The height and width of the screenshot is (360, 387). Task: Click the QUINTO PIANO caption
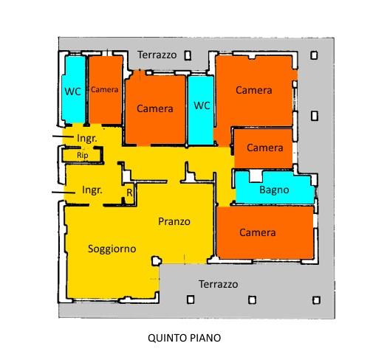point(184,338)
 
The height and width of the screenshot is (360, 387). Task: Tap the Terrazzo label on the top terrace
point(157,55)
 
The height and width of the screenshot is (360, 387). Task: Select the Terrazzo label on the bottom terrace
point(219,284)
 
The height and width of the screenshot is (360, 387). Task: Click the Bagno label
point(274,190)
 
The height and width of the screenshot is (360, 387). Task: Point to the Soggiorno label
point(112,249)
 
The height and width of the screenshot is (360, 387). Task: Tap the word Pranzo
point(174,221)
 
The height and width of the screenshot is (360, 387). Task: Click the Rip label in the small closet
point(83,156)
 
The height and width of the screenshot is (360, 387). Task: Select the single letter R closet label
point(129,193)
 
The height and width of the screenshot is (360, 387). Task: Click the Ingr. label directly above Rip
point(87,139)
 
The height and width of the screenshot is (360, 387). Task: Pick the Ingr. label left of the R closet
point(92,190)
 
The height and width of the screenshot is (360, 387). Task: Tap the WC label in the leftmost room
point(73,91)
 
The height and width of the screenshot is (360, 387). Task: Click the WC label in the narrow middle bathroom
point(202,105)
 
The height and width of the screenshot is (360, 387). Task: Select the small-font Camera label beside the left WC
point(105,89)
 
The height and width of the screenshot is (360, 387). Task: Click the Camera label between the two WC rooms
point(155,108)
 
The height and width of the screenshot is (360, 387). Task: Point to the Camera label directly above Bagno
point(265,148)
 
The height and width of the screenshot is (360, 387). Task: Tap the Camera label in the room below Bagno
point(258,232)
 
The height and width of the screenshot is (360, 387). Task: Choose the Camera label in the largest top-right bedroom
point(254,90)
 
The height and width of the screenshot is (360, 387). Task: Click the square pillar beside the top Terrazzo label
point(188,55)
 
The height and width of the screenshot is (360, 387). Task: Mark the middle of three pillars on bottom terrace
point(252,300)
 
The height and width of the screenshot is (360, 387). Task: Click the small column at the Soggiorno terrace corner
point(157,260)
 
